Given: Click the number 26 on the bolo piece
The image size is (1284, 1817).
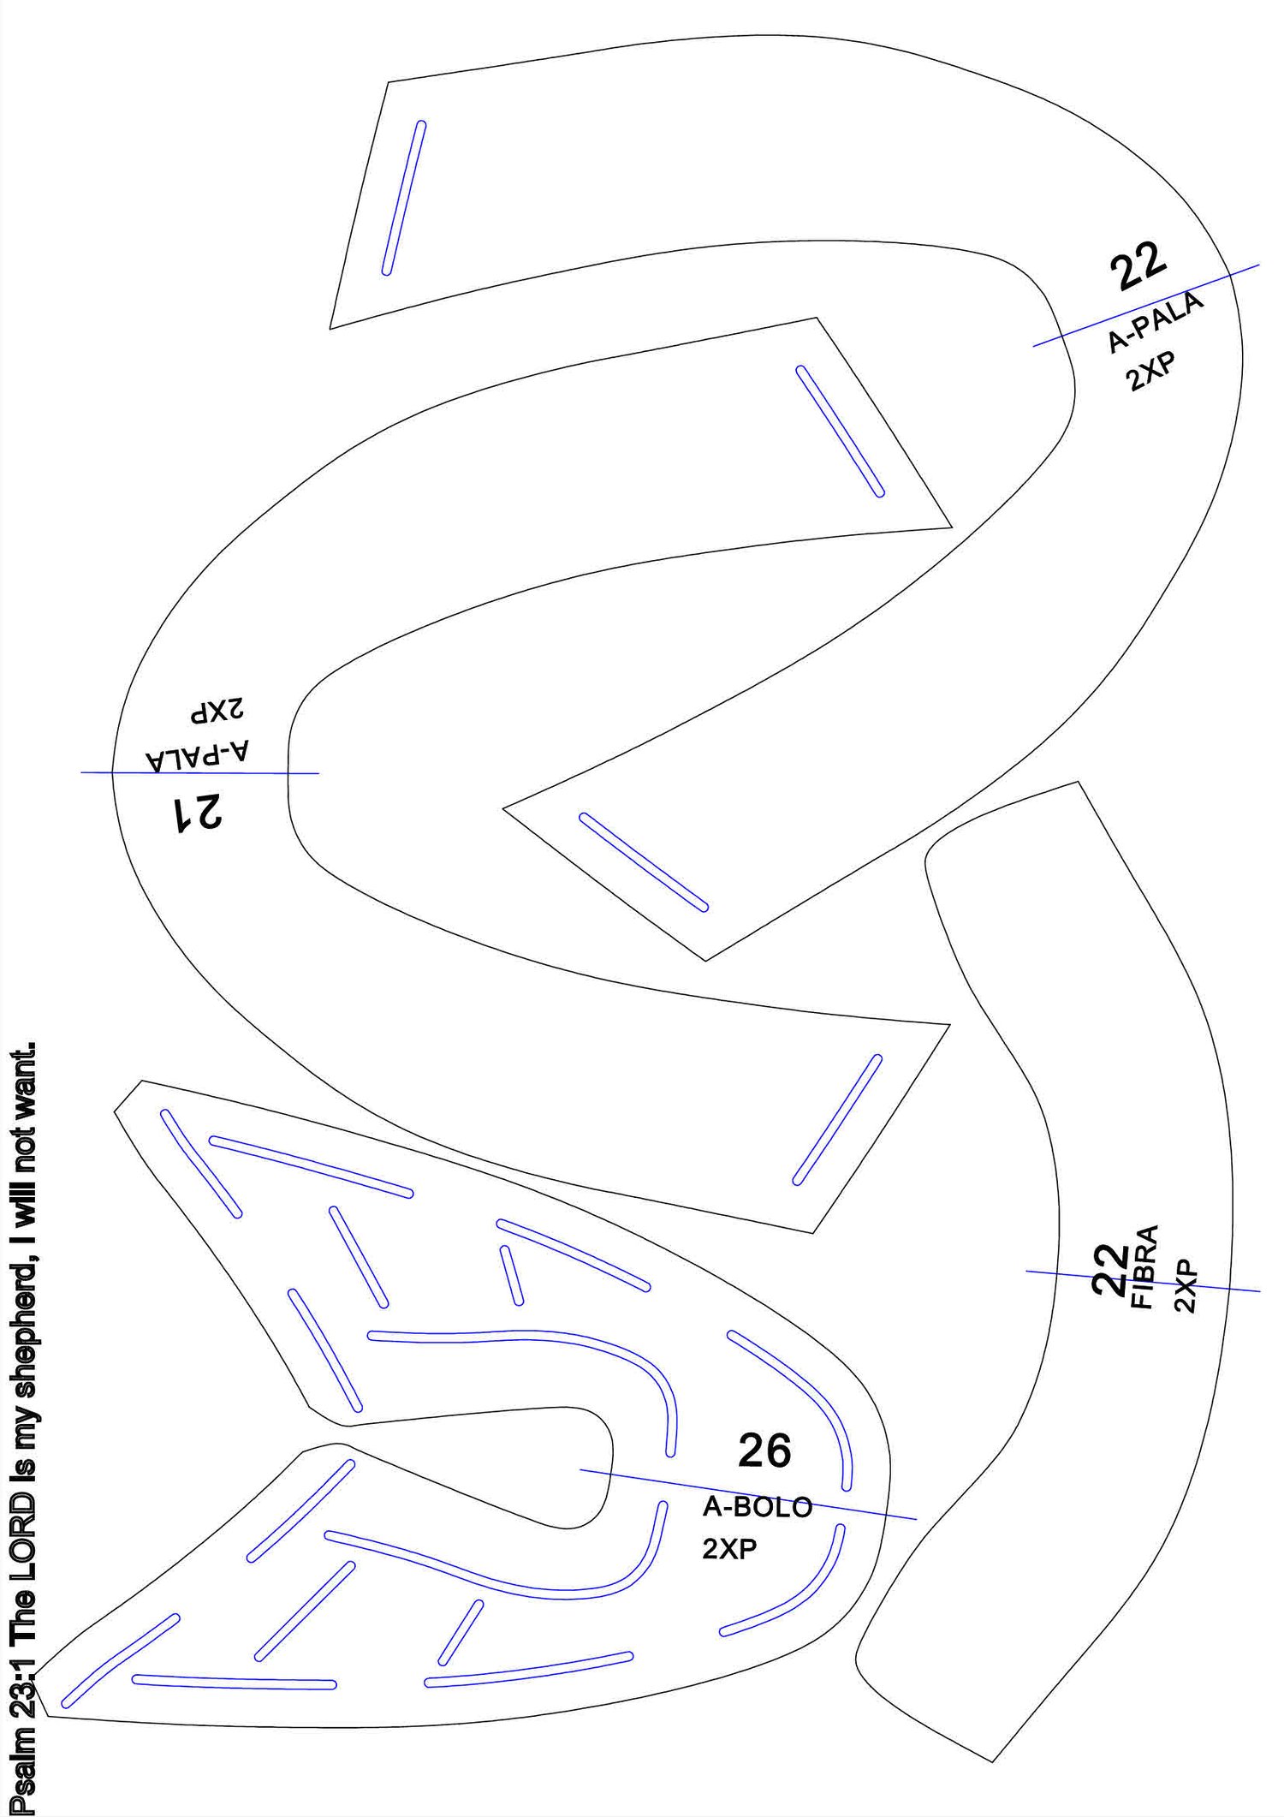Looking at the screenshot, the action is (764, 1451).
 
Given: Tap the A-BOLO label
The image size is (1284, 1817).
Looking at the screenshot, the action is (758, 1507).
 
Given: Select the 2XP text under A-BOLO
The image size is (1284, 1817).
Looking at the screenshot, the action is (729, 1549).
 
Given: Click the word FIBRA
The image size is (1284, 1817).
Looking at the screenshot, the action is (1144, 1266).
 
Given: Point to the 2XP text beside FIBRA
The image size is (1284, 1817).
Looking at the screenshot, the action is (1186, 1285).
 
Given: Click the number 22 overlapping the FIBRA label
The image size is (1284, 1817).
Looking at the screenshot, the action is (1111, 1268).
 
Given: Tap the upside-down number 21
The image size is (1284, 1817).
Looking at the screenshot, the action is (198, 812).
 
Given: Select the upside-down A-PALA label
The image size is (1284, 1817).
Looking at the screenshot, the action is (199, 753).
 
